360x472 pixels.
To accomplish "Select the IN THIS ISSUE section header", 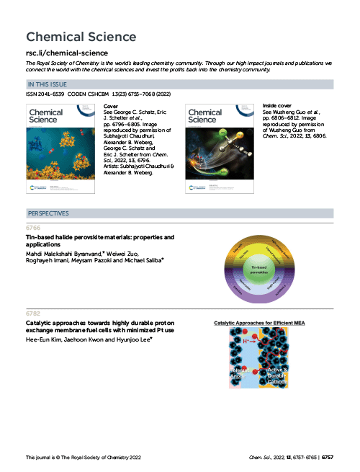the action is [x=49, y=85].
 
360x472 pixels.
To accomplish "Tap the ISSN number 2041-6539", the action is [x=44, y=94].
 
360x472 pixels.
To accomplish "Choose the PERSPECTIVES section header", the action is [x=48, y=214].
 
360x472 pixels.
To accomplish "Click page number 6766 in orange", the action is [x=33, y=228].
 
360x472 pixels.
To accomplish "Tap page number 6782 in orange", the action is [x=33, y=314].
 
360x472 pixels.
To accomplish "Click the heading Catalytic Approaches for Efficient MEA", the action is [x=260, y=324].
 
